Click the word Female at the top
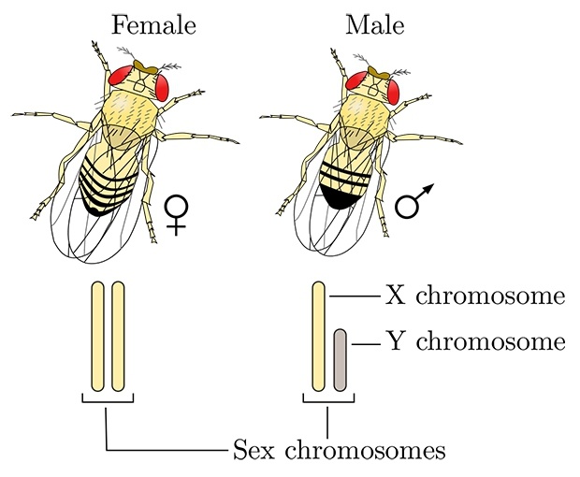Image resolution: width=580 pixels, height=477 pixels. (153, 25)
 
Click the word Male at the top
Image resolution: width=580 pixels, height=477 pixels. (375, 25)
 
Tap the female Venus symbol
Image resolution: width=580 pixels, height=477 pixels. (177, 215)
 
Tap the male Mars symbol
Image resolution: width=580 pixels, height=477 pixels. (413, 201)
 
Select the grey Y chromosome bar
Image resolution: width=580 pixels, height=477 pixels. (340, 360)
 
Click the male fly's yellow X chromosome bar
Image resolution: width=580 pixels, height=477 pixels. (318, 337)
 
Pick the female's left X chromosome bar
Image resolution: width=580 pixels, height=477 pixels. (97, 337)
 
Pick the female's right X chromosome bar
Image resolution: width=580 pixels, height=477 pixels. (118, 337)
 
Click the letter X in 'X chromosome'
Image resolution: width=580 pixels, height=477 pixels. (395, 296)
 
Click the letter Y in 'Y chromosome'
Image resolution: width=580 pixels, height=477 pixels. (395, 340)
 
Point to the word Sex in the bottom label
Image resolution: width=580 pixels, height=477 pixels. (254, 450)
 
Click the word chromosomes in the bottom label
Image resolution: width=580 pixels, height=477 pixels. (365, 450)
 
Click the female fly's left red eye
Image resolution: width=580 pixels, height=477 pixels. (121, 76)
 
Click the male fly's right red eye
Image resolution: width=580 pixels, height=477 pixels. (393, 92)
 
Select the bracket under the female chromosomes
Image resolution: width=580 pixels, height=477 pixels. (108, 402)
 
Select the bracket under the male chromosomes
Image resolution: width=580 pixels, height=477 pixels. (329, 402)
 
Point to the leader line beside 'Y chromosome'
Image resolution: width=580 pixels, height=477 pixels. (366, 344)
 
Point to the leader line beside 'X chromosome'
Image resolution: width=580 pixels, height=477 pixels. (355, 296)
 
